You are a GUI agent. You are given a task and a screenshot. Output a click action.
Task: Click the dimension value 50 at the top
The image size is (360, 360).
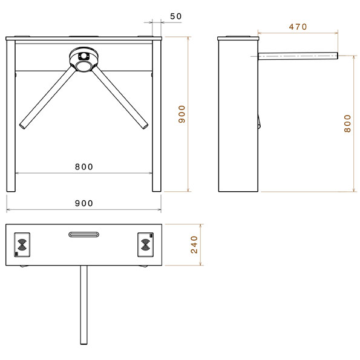click(x=175, y=16)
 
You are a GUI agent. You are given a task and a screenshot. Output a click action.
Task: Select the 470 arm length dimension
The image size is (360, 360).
click(x=298, y=27)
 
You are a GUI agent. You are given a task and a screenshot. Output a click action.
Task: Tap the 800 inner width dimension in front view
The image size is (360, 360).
click(x=84, y=166)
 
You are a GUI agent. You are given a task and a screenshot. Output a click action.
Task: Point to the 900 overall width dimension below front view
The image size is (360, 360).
click(x=84, y=203)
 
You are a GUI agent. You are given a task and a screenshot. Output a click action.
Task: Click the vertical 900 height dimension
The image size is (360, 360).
click(x=182, y=114)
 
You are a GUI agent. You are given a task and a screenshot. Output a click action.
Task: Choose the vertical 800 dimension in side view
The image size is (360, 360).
click(x=347, y=123)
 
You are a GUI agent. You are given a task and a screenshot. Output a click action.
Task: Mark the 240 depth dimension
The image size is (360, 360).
click(x=194, y=244)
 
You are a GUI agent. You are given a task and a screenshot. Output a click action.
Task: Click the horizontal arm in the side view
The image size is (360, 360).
click(x=296, y=56)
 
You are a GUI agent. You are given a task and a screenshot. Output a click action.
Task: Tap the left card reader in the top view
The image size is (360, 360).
click(x=23, y=244)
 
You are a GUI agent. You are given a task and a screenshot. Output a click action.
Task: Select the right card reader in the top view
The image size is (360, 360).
click(x=145, y=244)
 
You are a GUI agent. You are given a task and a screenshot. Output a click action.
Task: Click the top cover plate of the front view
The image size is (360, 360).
click(x=84, y=39)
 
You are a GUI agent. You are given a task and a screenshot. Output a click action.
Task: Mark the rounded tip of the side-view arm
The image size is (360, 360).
click(x=336, y=56)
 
